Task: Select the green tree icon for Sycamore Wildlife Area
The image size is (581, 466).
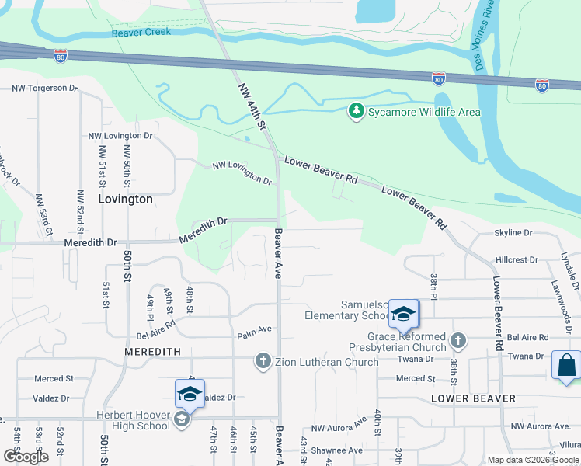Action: pyautogui.click(x=357, y=112)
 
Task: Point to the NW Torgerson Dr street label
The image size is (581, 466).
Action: pyautogui.click(x=45, y=89)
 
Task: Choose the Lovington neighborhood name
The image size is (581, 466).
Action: pyautogui.click(x=126, y=199)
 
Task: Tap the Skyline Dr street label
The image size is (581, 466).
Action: pyautogui.click(x=513, y=233)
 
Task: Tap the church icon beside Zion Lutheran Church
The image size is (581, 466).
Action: pyautogui.click(x=263, y=361)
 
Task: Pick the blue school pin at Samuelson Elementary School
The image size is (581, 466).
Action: pyautogui.click(x=403, y=314)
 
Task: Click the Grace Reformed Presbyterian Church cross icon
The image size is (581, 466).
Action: pyautogui.click(x=458, y=341)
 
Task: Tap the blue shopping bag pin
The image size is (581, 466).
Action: pyautogui.click(x=566, y=365)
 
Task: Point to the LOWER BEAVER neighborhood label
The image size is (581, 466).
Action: pyautogui.click(x=473, y=398)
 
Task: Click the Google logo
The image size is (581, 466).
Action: pyautogui.click(x=26, y=457)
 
